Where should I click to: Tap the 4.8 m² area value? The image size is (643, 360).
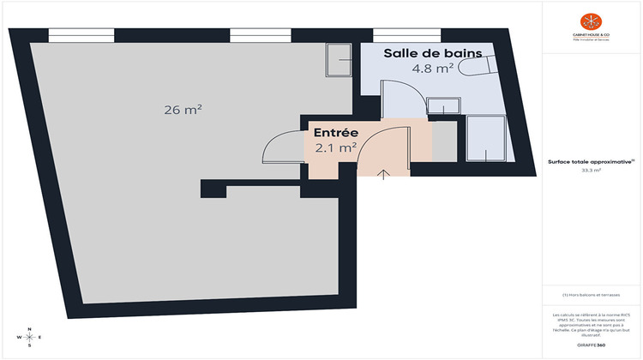click(433, 69)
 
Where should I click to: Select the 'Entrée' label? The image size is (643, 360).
click(335, 133)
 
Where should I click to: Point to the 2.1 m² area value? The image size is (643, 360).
click(335, 147)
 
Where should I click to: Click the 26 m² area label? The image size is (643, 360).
click(183, 109)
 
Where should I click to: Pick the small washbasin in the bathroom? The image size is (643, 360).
click(443, 107)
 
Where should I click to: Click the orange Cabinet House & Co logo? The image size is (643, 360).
click(591, 21)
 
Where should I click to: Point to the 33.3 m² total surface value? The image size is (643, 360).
click(591, 171)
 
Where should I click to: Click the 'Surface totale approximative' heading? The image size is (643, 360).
click(591, 161)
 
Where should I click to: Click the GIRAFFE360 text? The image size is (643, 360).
click(591, 344)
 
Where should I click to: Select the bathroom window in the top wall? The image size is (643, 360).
click(406, 36)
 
